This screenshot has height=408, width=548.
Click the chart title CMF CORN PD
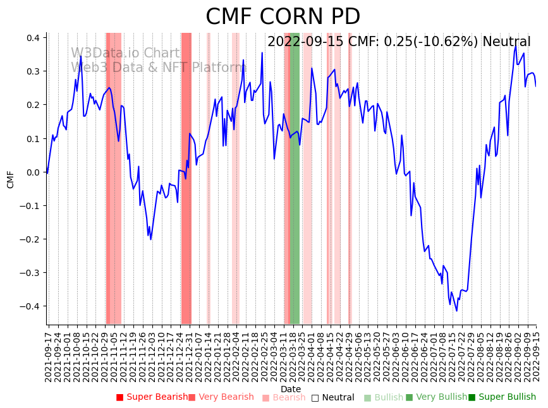coord(283,17)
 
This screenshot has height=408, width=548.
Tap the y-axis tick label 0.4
coord(33,38)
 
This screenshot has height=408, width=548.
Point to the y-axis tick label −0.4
coord(30,306)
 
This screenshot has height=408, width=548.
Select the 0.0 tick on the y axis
coord(33,172)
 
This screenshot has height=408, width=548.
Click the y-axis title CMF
coord(11,179)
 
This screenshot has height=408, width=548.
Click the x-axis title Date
coord(291,389)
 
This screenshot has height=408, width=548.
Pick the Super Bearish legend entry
coord(152,397)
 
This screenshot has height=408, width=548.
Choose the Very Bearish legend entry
coord(221,397)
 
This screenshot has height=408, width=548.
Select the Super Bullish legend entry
coord(502,397)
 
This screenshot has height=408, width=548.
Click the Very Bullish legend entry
coord(436,397)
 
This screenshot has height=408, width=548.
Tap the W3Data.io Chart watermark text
coord(125,53)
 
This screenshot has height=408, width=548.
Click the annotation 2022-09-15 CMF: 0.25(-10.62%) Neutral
coord(399,42)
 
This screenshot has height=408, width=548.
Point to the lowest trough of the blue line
coord(456,310)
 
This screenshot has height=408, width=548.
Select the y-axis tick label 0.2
coord(33,105)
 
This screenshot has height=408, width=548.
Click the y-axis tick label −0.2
coord(30,239)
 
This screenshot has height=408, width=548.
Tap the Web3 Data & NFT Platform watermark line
coord(158,68)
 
